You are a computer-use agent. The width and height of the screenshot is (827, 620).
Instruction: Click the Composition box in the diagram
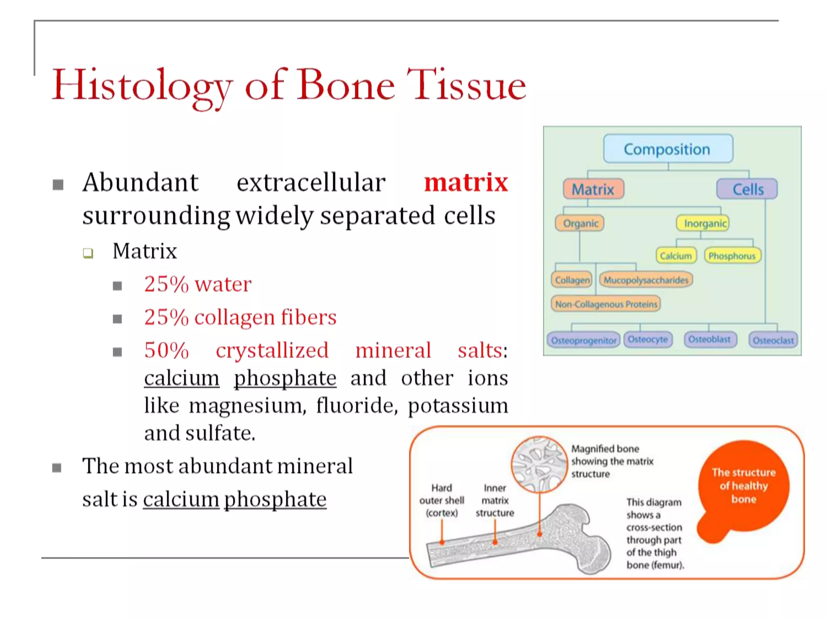[x=667, y=149]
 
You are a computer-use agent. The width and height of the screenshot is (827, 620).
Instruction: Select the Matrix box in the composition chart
[x=593, y=189]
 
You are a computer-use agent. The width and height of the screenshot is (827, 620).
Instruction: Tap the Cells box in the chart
[x=747, y=189]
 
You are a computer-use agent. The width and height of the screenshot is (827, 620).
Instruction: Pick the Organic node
[x=580, y=223]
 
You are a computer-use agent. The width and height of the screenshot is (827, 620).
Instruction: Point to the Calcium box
[x=676, y=256]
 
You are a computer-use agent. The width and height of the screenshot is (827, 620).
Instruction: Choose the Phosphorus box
[x=732, y=256]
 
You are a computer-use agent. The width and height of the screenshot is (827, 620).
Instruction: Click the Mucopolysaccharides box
[x=646, y=280]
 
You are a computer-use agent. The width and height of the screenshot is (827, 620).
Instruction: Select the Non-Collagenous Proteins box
[x=606, y=304]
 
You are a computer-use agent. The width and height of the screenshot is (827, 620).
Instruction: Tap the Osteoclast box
[x=773, y=340]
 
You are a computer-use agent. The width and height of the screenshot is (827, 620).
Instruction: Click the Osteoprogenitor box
[x=584, y=340]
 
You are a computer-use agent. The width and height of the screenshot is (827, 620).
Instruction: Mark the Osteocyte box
[x=648, y=339]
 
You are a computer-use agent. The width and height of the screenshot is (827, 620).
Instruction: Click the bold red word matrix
[x=466, y=182]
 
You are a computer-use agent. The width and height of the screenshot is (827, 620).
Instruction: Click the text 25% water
[x=197, y=284]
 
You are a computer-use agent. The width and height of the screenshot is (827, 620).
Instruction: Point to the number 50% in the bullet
[x=166, y=350]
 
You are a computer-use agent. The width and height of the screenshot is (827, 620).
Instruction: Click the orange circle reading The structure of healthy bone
[x=743, y=486]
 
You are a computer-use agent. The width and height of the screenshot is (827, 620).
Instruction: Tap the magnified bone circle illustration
[x=539, y=464]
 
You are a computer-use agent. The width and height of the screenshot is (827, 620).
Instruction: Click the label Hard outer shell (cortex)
[x=441, y=501]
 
